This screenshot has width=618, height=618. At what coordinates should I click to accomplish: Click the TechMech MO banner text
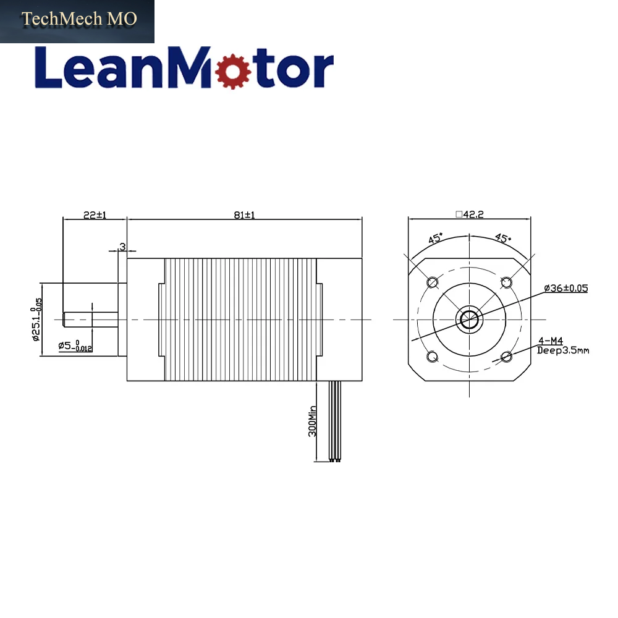(79, 19)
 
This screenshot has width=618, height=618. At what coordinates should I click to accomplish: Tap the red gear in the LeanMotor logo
(234, 70)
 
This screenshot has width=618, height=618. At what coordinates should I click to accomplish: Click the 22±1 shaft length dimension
(95, 215)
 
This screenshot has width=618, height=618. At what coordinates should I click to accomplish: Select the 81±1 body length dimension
(244, 215)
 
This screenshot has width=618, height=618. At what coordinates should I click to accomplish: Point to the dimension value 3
(122, 247)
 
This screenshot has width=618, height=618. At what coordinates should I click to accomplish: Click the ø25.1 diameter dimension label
(36, 320)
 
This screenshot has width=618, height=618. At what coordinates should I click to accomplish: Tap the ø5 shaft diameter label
(75, 346)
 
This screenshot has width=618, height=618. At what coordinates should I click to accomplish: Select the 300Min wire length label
(312, 421)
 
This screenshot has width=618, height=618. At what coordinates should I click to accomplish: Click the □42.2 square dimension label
(470, 214)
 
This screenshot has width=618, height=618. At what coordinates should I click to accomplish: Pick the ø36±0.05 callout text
(566, 288)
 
